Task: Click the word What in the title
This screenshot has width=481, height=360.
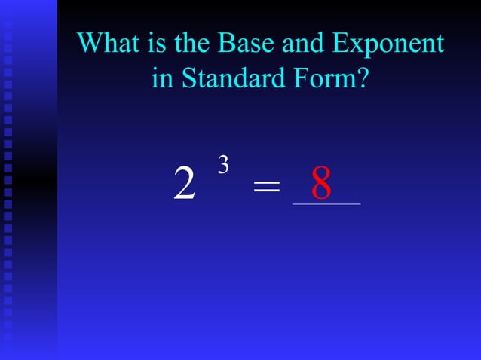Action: tap(109, 43)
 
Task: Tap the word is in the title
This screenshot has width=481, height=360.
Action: tap(158, 43)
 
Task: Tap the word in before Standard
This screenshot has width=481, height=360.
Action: tap(161, 78)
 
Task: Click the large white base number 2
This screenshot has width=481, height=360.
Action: tap(184, 185)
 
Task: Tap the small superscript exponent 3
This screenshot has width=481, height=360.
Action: tap(223, 165)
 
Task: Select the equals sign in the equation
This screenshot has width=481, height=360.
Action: tap(266, 186)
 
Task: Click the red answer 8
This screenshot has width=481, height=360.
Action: tap(322, 185)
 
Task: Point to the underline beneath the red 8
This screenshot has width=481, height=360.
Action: tap(326, 203)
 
